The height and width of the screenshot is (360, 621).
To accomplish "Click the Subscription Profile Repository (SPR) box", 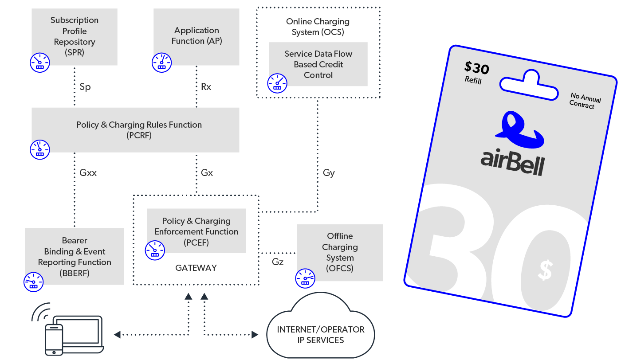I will click(74, 36).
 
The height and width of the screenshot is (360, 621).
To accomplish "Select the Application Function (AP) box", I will click(197, 36).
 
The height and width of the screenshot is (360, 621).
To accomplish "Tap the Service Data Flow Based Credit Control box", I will click(318, 64).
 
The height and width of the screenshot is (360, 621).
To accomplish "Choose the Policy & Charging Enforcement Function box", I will click(197, 231).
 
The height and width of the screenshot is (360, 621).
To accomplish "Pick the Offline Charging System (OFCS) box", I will click(339, 252).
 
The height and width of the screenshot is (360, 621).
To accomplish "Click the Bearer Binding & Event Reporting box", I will click(75, 257).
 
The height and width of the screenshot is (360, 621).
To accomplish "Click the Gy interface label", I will click(329, 173).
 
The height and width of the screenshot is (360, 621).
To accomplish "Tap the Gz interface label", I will click(278, 262).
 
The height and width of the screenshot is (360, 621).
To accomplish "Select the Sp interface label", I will click(85, 87).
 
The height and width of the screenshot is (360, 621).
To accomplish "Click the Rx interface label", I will click(206, 87).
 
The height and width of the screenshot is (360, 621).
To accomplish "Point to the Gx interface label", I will click(207, 173).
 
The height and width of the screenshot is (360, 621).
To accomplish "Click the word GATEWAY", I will click(196, 268).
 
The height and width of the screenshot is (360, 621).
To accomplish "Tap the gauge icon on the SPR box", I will click(39, 63).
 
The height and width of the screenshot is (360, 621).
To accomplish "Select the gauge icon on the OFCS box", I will click(305, 278).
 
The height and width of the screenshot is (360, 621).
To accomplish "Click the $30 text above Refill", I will click(476, 68).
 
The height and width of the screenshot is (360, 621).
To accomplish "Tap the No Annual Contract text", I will click(585, 101).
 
